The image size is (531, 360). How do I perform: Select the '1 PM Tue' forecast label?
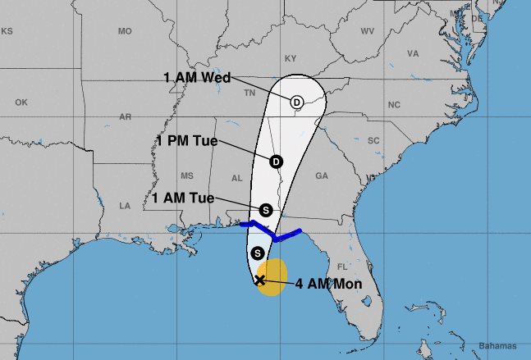click(190, 139)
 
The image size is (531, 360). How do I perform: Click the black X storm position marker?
click(260, 280)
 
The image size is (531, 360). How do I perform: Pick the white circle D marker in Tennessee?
click(296, 102)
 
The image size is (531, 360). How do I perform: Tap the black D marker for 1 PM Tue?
click(276, 162)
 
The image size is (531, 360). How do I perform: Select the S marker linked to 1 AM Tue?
click(265, 210)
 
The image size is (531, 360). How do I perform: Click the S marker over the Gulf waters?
click(258, 253)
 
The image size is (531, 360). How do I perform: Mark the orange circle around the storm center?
click(272, 274)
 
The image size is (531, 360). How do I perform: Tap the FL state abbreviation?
click(343, 267)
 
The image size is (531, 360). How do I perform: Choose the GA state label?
click(322, 176)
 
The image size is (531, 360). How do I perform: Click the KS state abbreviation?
click(7, 31)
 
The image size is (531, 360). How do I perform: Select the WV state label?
click(367, 31)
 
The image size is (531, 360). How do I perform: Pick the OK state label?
click(21, 103)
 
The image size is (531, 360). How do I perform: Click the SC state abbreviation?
click(374, 141)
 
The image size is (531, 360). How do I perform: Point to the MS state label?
click(187, 176)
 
